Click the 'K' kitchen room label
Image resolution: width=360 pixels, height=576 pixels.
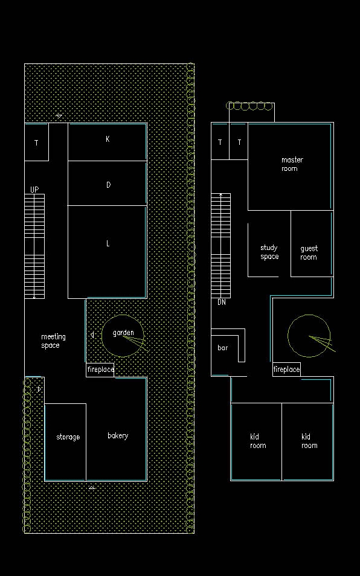108,139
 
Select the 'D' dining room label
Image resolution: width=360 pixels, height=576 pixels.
108,185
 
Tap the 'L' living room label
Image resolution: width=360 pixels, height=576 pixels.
108,243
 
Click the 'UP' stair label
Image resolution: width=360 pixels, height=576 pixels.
34,190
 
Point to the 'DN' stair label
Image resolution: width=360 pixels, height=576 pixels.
222,302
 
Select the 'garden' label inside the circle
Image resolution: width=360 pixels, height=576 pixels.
123,333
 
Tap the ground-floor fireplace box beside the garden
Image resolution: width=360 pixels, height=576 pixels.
100,370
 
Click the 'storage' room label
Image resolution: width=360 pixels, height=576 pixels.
68,437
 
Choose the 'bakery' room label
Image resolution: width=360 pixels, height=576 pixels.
118,436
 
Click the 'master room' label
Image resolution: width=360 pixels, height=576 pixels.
292,164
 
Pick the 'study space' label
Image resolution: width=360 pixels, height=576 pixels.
269,252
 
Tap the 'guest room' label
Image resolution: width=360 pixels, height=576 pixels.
309,253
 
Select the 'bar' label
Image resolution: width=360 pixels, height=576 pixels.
223,348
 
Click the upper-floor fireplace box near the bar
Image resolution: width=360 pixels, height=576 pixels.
286,370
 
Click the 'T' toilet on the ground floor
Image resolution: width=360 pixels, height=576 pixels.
36,142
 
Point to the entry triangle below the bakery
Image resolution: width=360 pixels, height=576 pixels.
92,487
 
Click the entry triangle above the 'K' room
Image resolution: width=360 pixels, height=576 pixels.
59,117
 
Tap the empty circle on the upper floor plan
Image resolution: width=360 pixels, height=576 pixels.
309,336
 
